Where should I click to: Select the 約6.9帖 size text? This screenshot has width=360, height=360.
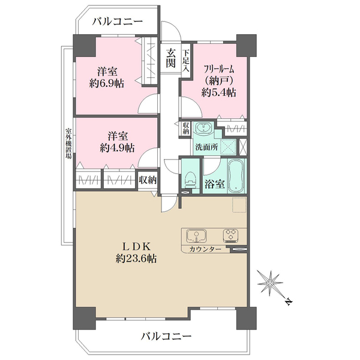107,83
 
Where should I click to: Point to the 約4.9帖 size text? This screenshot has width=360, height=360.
118,148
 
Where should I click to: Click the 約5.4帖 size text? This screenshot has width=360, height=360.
219,92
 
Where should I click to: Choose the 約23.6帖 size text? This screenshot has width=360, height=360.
136,259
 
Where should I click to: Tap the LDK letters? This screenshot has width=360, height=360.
136,247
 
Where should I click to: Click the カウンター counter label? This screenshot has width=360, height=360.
205,249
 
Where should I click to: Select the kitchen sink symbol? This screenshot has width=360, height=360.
197,236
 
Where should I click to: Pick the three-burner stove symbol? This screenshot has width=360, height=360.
231,236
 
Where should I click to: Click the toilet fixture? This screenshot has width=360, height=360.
190,179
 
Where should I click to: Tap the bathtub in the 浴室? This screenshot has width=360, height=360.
236,176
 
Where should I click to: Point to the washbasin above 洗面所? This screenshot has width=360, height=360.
203,128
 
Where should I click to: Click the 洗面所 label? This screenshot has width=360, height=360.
206,147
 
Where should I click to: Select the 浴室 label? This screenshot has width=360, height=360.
214,184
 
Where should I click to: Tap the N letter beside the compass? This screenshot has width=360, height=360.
288,302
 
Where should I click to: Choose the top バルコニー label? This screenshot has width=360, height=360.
118,22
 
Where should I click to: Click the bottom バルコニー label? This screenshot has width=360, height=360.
166,337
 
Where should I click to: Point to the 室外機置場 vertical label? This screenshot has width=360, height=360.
68,143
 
